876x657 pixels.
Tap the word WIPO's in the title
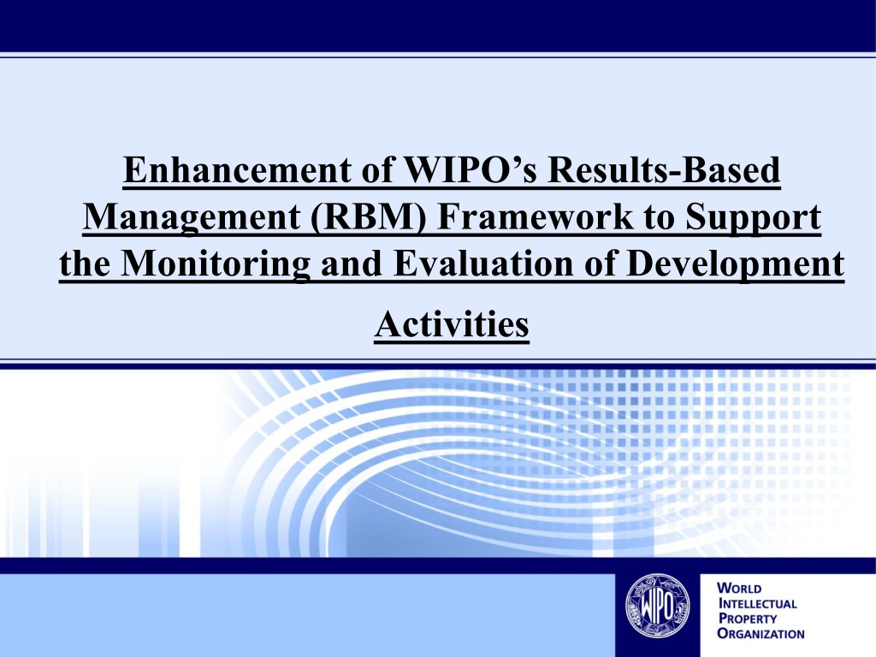(x=470, y=170)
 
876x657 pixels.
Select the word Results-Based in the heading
(x=664, y=170)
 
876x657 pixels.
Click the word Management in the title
(x=191, y=216)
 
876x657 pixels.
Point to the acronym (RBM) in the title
(x=368, y=217)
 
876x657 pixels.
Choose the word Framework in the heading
(x=536, y=216)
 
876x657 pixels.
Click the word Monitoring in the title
(x=215, y=263)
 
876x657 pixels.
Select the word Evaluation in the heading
(x=483, y=263)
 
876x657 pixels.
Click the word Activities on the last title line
(x=452, y=324)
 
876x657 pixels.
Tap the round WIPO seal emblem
(x=657, y=607)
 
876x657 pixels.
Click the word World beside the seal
(x=739, y=589)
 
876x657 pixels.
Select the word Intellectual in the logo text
(x=758, y=603)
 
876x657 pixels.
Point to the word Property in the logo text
(x=748, y=619)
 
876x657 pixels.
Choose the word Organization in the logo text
(x=761, y=634)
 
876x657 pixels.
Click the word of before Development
(x=600, y=263)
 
